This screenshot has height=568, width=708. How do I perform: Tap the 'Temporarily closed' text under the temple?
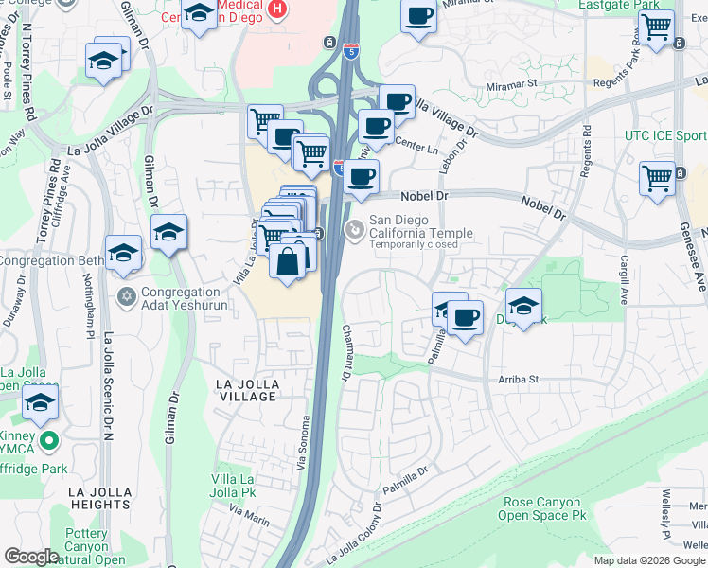(414, 244)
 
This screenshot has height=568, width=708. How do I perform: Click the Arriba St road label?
(518, 380)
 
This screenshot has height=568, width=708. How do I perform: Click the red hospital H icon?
(276, 9)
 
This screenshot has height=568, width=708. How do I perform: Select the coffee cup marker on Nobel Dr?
(361, 176)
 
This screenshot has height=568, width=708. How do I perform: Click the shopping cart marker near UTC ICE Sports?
(657, 177)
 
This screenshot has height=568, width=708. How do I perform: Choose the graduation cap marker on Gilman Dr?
(168, 232)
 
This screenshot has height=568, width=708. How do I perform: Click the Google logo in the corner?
(31, 557)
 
